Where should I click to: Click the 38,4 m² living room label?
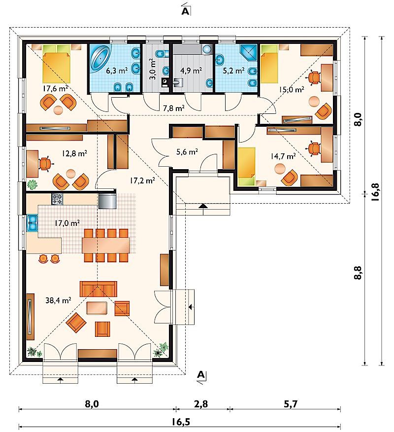click(x=58, y=300)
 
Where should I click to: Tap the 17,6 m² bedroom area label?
click(x=55, y=88)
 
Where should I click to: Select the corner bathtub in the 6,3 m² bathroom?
click(x=100, y=57)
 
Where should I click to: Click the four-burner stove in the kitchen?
click(x=57, y=199)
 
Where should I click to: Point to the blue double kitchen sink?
click(x=32, y=222)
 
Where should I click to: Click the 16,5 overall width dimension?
click(x=181, y=422)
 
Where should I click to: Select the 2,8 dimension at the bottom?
click(x=201, y=404)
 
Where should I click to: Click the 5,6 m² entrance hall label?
click(x=187, y=151)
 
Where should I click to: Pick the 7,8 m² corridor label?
click(x=174, y=108)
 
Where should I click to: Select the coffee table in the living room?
click(x=97, y=308)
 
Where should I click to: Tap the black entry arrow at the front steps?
click(x=203, y=206)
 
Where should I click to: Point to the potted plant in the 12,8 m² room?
click(x=33, y=184)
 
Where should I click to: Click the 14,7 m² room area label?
click(x=283, y=156)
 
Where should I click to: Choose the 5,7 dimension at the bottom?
click(x=291, y=404)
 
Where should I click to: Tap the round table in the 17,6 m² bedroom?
click(x=58, y=110)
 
